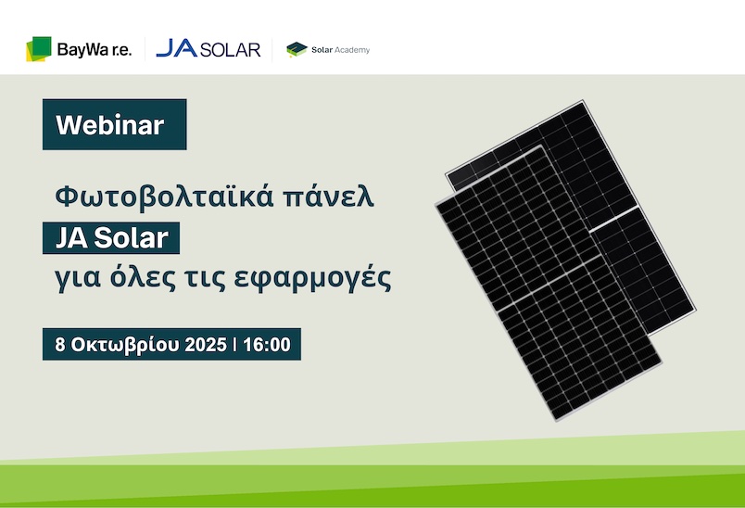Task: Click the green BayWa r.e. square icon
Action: pyautogui.click(x=39, y=48)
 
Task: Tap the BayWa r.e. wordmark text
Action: pyautogui.click(x=95, y=50)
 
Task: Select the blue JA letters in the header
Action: pyautogui.click(x=176, y=48)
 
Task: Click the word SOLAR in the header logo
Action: pyautogui.click(x=231, y=49)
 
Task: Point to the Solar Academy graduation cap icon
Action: pyautogui.click(x=297, y=49)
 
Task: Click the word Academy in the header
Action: pyautogui.click(x=352, y=50)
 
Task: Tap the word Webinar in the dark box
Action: pyautogui.click(x=109, y=125)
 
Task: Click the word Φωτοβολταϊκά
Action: pyautogui.click(x=164, y=197)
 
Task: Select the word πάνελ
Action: pyautogui.click(x=328, y=197)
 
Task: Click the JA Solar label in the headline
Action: pyautogui.click(x=111, y=237)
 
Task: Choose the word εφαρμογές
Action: pyautogui.click(x=312, y=278)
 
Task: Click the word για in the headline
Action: pyautogui.click(x=78, y=279)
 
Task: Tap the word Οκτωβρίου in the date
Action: pyautogui.click(x=125, y=345)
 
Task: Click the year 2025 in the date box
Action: pyautogui.click(x=206, y=345)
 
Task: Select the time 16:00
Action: pyautogui.click(x=267, y=345)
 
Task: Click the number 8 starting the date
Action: pyautogui.click(x=60, y=345)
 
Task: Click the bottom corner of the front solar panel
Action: pyautogui.click(x=556, y=421)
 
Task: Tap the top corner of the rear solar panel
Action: pyautogui.click(x=583, y=100)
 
